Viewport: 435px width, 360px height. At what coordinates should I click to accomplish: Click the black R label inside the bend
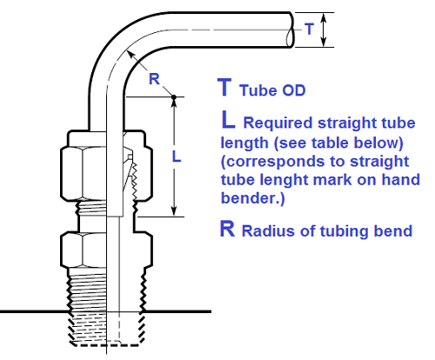(153, 78)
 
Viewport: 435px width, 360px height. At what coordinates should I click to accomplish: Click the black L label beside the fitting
(176, 157)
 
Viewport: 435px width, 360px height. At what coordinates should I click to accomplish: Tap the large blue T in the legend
(224, 87)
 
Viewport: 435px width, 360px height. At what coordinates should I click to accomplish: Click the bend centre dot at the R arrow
(175, 96)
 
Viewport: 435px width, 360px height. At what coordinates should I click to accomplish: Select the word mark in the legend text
(340, 181)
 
